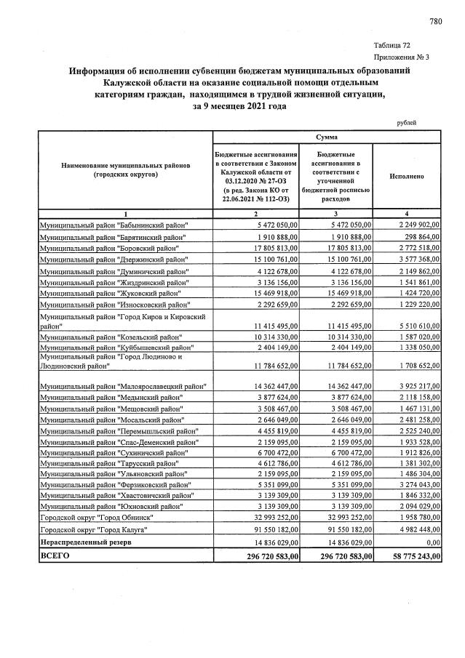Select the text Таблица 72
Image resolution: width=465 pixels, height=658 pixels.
(392, 45)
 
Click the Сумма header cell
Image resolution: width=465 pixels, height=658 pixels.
(326, 137)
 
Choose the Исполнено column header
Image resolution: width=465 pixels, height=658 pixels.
(408, 176)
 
